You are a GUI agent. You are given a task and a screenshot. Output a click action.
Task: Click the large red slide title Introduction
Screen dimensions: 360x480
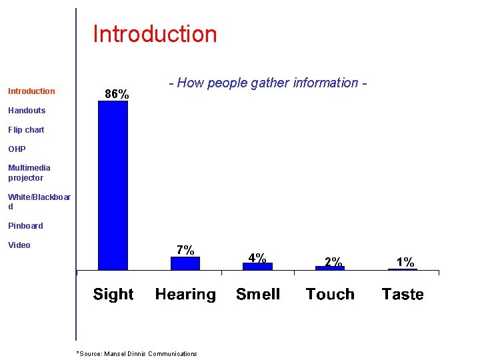click(x=155, y=34)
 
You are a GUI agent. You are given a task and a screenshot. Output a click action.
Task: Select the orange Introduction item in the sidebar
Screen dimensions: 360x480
click(x=31, y=91)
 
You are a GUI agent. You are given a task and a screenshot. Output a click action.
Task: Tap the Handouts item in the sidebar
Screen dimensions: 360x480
click(x=27, y=111)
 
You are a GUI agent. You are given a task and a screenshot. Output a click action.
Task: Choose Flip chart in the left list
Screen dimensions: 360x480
click(x=26, y=130)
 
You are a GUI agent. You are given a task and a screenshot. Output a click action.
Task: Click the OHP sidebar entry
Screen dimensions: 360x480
click(x=17, y=149)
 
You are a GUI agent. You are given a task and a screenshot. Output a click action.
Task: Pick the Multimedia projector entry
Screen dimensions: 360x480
click(x=29, y=173)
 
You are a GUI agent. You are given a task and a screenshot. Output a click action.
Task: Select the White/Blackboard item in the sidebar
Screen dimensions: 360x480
click(x=39, y=201)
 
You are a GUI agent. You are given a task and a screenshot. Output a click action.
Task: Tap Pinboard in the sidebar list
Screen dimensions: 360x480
click(x=25, y=226)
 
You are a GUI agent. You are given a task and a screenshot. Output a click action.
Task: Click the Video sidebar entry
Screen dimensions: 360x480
click(x=19, y=245)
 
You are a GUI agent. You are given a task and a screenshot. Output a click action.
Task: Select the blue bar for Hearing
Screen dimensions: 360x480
click(x=185, y=263)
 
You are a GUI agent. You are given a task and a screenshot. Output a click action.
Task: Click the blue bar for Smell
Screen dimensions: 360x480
click(x=257, y=266)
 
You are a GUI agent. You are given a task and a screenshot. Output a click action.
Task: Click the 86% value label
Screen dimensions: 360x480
click(x=117, y=95)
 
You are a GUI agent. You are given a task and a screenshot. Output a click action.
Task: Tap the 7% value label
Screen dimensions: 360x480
click(x=185, y=251)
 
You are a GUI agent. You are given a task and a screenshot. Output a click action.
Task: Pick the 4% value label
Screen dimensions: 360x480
click(x=257, y=257)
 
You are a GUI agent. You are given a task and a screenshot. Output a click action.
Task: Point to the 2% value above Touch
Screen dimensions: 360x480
click(x=333, y=262)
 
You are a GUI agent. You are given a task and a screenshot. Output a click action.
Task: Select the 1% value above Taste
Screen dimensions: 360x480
click(x=405, y=262)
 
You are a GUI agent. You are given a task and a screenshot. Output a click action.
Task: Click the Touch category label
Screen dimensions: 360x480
click(x=330, y=294)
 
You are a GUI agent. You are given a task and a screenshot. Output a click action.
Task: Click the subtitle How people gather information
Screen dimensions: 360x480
click(x=268, y=83)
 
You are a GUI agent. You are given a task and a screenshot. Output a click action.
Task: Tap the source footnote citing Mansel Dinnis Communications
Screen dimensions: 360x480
click(x=137, y=354)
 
